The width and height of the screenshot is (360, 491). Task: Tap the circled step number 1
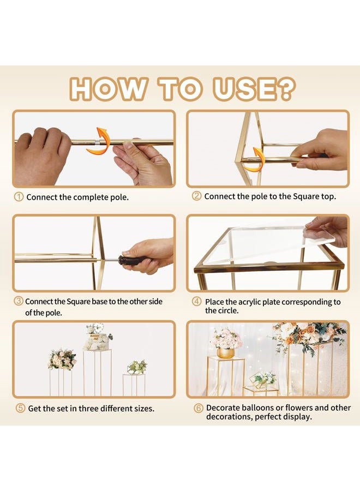pos(19,197)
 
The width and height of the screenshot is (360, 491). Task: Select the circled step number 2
pos(196,196)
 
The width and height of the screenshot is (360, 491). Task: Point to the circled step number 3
pos(19,301)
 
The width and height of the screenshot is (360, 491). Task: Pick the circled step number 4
pos(196,302)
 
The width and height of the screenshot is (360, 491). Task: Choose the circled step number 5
pos(20,408)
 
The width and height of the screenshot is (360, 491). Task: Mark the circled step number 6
pos(199,408)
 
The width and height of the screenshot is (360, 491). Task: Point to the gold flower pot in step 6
pos(225,353)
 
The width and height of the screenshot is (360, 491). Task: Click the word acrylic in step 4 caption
pos(249,302)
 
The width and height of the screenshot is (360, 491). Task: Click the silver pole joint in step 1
pos(97,142)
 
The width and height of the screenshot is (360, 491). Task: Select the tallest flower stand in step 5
pos(97,373)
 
